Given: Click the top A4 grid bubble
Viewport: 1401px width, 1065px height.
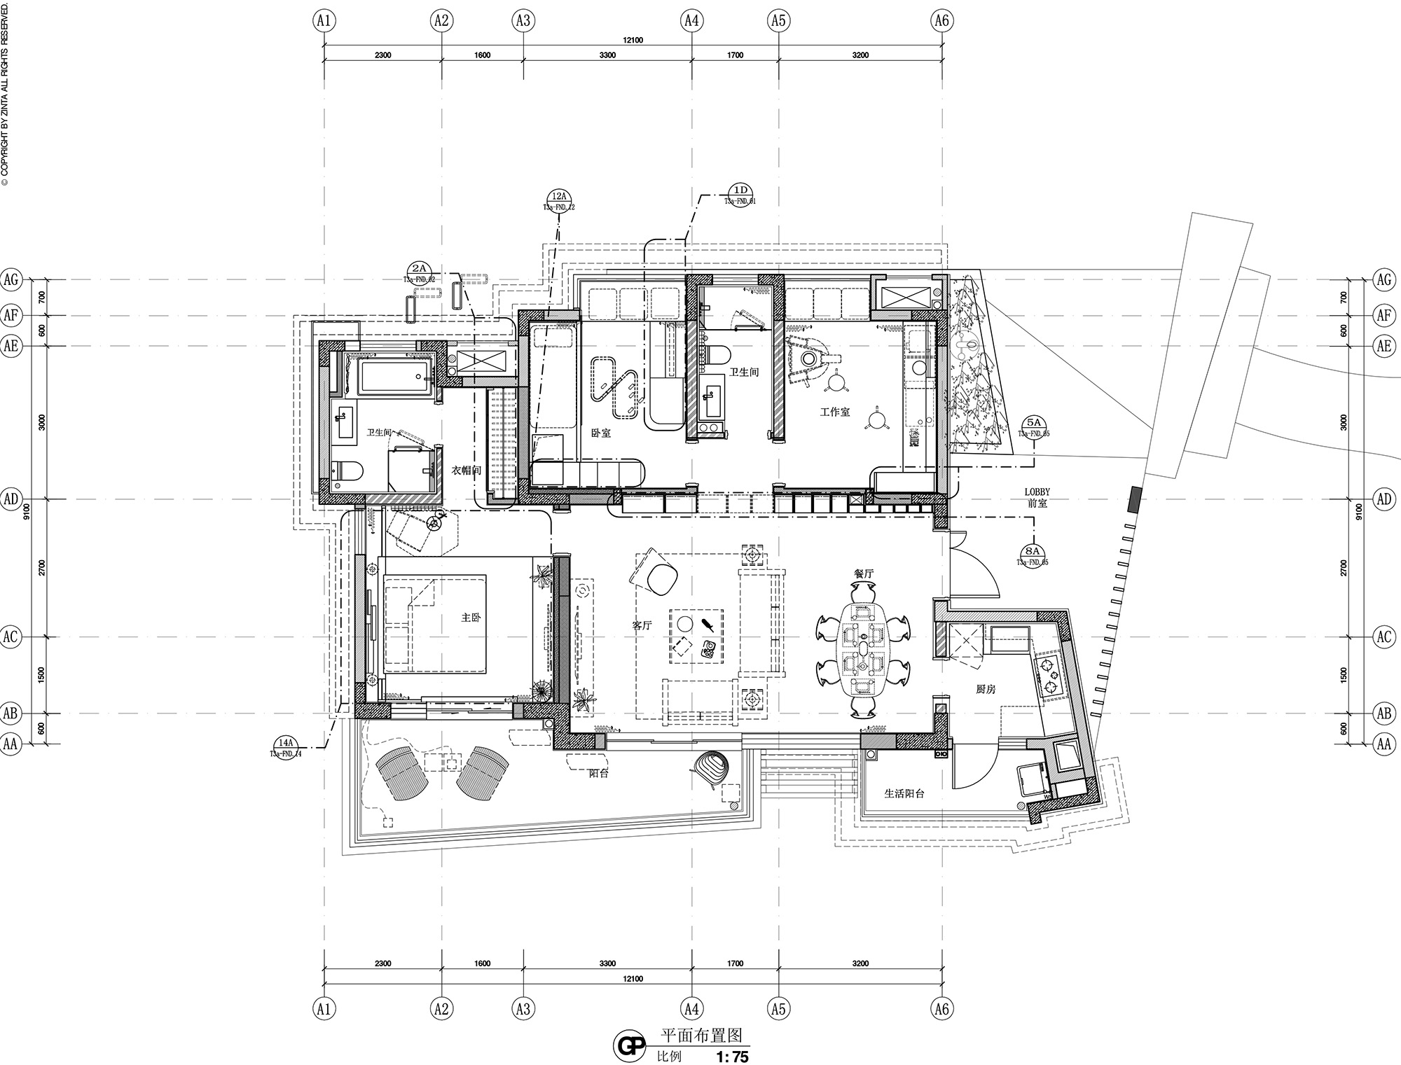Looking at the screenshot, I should (x=691, y=20).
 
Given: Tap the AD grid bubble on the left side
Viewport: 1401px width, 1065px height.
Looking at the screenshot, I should (x=11, y=499).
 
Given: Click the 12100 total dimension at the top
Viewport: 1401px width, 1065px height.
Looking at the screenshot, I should (x=632, y=41).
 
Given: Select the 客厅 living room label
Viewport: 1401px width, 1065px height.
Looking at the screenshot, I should (x=642, y=626).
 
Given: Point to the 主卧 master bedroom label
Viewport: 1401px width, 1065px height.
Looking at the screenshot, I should (x=471, y=618).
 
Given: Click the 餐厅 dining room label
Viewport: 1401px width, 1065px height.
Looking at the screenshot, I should (x=864, y=573).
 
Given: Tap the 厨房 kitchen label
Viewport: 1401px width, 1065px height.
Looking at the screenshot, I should (x=986, y=690).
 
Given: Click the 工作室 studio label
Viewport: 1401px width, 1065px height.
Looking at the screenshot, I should (x=835, y=412).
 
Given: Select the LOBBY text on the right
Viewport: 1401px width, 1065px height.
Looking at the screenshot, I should (x=1037, y=492).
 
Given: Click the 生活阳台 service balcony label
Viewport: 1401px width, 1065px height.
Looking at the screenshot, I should (x=904, y=794).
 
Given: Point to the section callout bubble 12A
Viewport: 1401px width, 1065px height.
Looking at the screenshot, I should (x=559, y=197).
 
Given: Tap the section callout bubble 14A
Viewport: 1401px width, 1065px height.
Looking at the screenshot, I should (x=285, y=743).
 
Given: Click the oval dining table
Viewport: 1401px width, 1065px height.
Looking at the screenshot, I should (x=863, y=647).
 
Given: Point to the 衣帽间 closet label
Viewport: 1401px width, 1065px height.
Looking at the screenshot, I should (x=466, y=471).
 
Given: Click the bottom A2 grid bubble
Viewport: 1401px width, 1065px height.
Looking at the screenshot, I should (x=441, y=1009).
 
